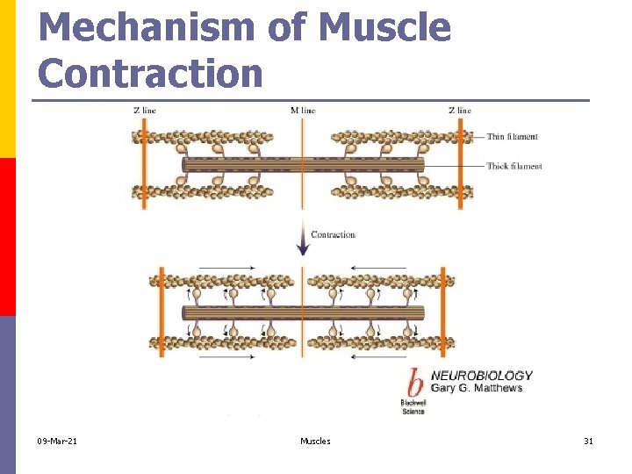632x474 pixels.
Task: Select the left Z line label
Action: [144, 111]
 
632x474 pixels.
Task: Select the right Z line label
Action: [459, 111]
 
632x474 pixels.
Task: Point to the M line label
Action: [302, 111]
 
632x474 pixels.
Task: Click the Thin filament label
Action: [512, 137]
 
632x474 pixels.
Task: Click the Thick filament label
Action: [514, 166]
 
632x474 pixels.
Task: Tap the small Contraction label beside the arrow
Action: [333, 234]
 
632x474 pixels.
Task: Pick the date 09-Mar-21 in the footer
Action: [57, 441]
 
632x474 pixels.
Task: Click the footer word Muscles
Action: [315, 441]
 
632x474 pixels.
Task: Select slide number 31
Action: [588, 441]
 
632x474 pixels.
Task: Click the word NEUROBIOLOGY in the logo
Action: [481, 376]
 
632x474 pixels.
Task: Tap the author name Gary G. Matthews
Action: [476, 388]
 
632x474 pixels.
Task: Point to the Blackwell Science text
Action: [413, 406]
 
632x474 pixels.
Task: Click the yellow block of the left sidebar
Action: [8, 79]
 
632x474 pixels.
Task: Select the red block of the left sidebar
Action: [8, 237]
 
